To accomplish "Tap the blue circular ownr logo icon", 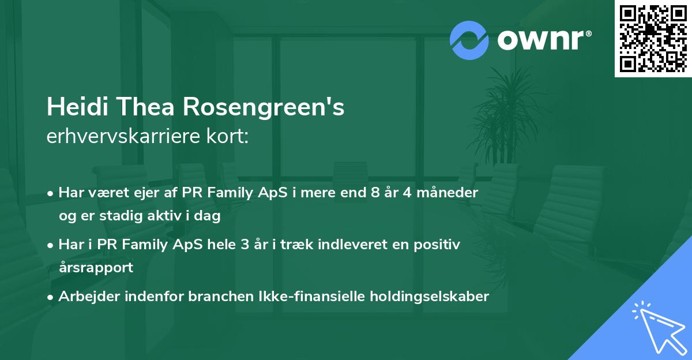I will click(x=469, y=40).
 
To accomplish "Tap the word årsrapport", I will click(x=96, y=268).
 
